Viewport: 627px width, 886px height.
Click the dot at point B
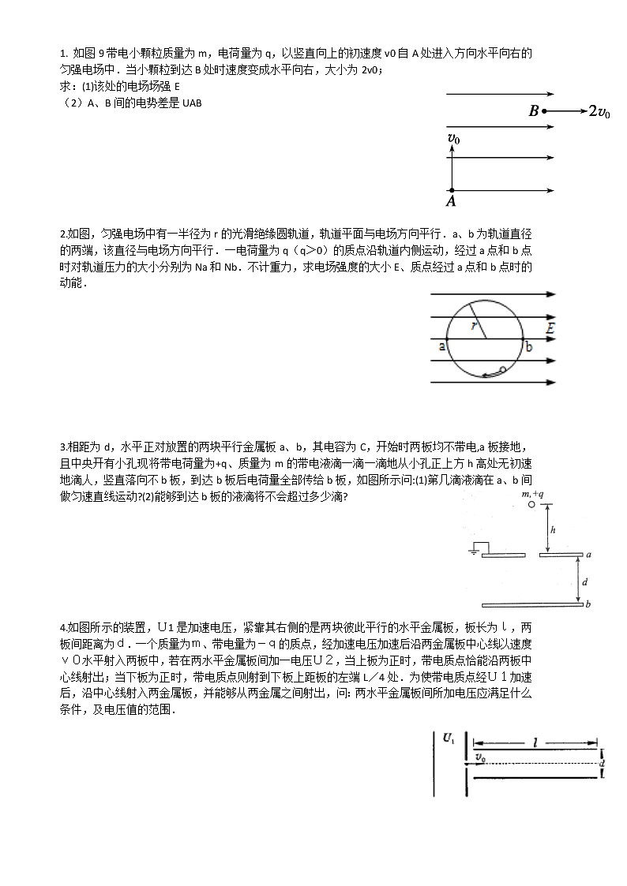click(x=544, y=111)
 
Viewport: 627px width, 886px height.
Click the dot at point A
click(x=451, y=190)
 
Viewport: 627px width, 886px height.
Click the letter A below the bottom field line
click(x=452, y=202)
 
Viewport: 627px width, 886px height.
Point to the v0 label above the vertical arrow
click(x=453, y=139)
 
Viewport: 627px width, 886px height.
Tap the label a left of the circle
click(x=441, y=346)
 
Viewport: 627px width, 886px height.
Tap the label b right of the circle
click(x=529, y=346)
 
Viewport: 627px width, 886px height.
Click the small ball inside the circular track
click(x=503, y=369)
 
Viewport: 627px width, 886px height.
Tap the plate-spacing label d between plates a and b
click(x=584, y=581)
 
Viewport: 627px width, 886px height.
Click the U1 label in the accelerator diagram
click(x=449, y=738)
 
